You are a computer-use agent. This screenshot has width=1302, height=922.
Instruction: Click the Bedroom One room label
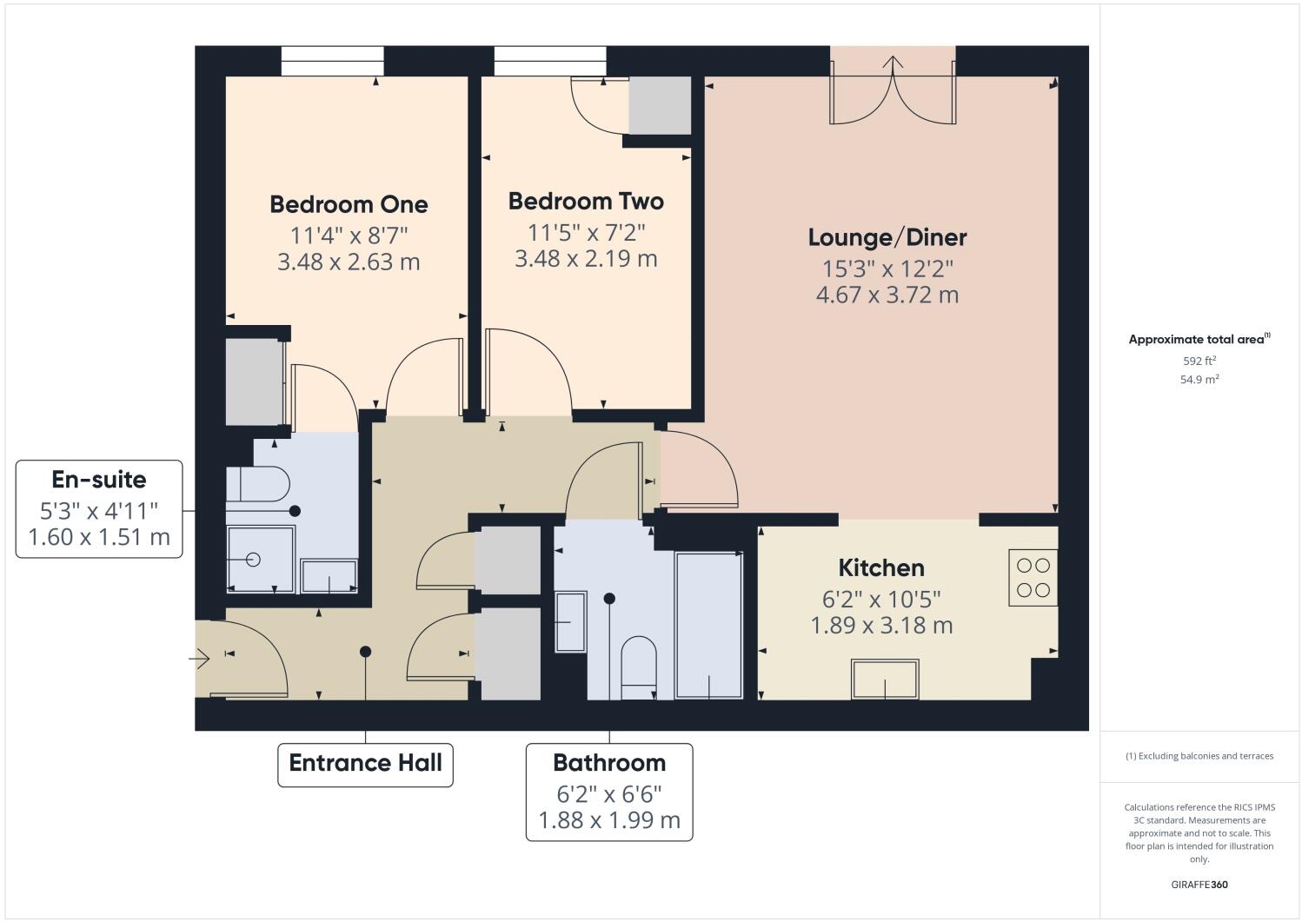(x=349, y=204)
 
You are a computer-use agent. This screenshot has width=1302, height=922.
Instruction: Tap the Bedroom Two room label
(x=586, y=202)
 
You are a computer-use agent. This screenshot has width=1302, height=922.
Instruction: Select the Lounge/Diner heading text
(x=887, y=237)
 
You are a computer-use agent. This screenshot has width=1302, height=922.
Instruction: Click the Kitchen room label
(x=880, y=568)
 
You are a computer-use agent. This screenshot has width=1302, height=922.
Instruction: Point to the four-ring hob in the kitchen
(x=1033, y=578)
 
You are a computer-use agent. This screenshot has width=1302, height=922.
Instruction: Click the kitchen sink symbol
(x=886, y=679)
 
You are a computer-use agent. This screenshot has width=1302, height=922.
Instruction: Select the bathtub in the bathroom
(x=709, y=625)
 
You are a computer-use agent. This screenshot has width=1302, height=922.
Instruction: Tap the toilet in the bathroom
(x=639, y=667)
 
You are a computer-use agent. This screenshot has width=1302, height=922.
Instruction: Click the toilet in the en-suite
(x=258, y=484)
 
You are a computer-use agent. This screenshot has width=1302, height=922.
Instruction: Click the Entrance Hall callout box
(x=365, y=764)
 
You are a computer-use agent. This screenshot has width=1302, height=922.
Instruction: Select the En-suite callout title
(x=99, y=480)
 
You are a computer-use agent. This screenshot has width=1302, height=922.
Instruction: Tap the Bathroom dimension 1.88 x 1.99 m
(x=608, y=820)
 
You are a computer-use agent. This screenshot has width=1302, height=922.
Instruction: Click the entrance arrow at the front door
(x=199, y=660)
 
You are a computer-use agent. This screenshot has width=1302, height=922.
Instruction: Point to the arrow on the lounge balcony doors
(x=893, y=63)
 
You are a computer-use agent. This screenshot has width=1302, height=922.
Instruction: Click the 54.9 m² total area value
(x=1199, y=380)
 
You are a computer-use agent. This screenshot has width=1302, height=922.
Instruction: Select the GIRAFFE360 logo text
(x=1199, y=886)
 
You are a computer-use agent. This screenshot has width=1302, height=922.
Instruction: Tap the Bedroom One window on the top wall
(x=332, y=61)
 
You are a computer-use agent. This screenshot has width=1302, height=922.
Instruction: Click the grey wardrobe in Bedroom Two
(x=660, y=105)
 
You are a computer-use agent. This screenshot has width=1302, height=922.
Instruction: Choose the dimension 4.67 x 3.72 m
(x=887, y=295)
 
